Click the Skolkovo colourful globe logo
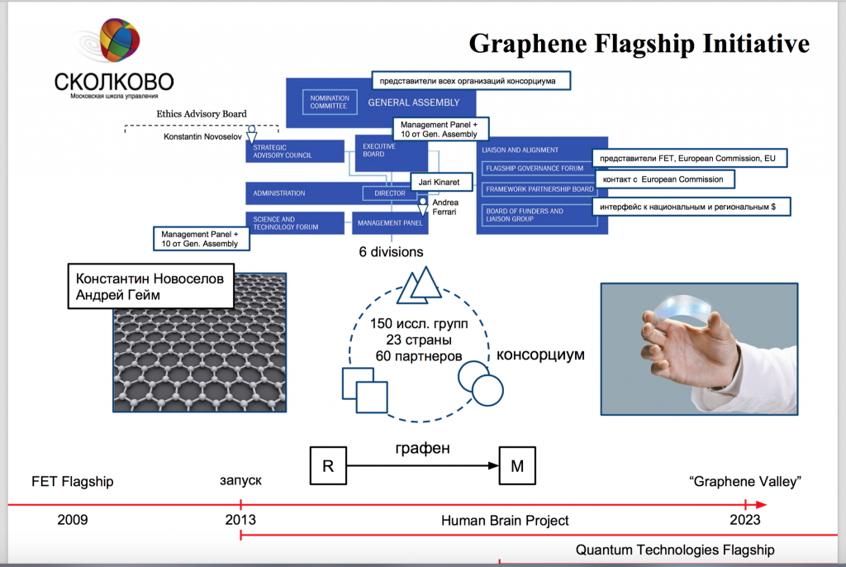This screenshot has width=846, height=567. click(119, 41)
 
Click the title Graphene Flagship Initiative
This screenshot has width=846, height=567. click(639, 43)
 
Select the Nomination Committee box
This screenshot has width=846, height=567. click(330, 102)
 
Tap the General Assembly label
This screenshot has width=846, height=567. click(413, 103)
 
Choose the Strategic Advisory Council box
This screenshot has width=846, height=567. click(294, 151)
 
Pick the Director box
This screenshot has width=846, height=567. click(389, 193)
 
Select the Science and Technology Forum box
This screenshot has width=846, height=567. click(294, 222)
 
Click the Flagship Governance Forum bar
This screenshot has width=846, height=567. click(535, 169)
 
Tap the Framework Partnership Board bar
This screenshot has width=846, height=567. click(535, 188)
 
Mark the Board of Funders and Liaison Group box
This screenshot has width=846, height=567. click(535, 215)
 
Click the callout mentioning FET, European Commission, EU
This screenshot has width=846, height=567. click(688, 158)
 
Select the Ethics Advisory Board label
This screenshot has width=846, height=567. click(202, 114)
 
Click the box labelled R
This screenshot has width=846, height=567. click(328, 466)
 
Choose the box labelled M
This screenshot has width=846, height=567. click(518, 466)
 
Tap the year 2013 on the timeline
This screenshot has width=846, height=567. click(240, 520)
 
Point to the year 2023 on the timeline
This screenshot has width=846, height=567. click(744, 520)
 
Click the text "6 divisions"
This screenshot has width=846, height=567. click(391, 252)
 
